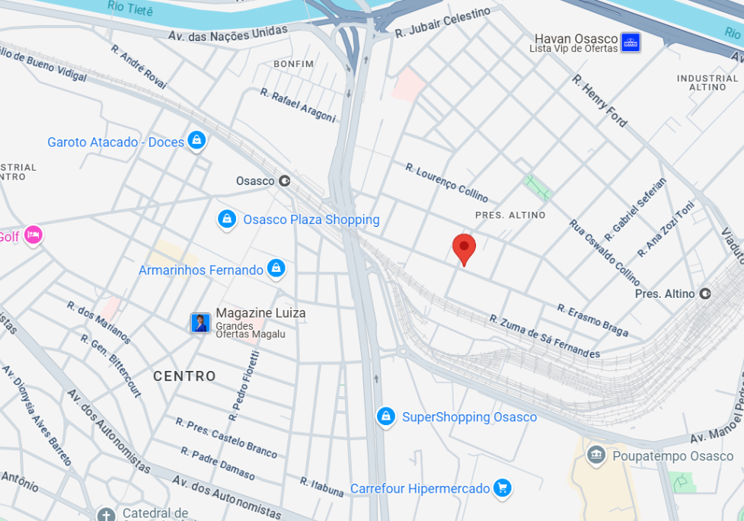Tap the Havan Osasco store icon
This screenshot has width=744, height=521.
coord(630,42)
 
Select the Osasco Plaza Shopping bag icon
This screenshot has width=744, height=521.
coord(227,219)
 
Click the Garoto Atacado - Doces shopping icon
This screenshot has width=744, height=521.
coord(196,141)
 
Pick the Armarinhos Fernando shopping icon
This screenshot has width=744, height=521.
coord(276,269)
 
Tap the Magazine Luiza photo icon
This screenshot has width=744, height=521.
coord(200,323)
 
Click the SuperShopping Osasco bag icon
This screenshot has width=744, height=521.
coord(386,417)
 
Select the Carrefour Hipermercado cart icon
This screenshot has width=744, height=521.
coord(501,488)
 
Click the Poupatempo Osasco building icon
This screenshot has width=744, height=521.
coord(596,455)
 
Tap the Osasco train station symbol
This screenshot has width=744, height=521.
coord(285,181)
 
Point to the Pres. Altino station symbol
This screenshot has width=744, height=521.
coord(705,293)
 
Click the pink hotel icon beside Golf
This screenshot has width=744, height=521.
coord(33,235)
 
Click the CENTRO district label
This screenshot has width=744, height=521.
coord(184,376)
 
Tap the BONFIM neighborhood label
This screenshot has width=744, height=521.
coord(293,64)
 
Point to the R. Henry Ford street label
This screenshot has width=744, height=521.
coord(600,101)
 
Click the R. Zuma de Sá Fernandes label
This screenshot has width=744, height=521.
coord(544,336)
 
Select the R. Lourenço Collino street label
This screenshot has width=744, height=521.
coord(446,182)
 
